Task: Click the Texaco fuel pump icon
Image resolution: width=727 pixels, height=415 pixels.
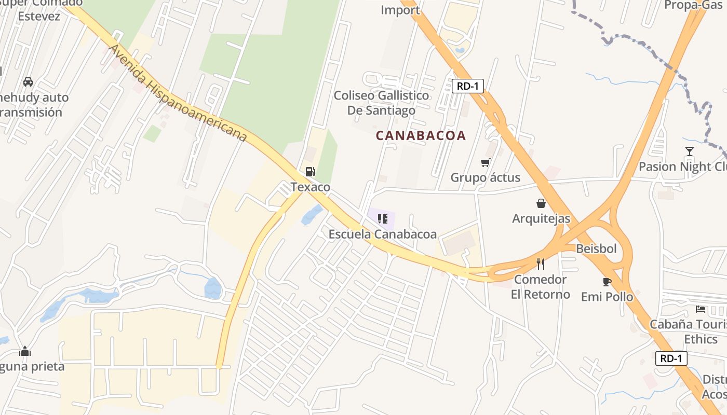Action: coord(310,172)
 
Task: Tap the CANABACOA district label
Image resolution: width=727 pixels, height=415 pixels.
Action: coord(421,136)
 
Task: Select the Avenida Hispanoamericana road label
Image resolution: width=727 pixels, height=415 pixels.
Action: coord(177,93)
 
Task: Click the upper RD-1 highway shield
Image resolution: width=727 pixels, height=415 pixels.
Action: coord(467,86)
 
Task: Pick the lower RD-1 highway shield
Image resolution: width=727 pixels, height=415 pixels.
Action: coord(671,358)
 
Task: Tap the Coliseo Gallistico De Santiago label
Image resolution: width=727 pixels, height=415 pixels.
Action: coord(382,103)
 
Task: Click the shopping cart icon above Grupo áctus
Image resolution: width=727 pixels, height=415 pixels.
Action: coord(486,163)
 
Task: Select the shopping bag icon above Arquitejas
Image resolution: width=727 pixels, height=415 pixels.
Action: coord(541,203)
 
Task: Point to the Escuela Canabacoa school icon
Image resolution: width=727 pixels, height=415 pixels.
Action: coord(383,219)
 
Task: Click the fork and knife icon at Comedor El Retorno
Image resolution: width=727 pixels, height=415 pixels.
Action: coord(541,264)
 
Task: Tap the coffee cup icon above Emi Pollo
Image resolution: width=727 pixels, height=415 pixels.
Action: coord(607,282)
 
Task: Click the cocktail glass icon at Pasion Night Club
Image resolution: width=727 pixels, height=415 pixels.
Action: coord(689,151)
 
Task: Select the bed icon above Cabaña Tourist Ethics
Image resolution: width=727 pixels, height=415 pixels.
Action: coord(701,309)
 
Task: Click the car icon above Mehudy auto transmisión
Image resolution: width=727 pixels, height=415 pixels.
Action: coord(28,82)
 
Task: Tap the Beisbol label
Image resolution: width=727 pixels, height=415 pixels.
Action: coord(596,248)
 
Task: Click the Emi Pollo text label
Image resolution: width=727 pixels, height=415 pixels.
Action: coord(607,297)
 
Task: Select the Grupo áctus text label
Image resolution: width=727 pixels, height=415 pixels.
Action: coord(485,177)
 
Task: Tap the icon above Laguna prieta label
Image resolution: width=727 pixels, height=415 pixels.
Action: coord(25,352)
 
